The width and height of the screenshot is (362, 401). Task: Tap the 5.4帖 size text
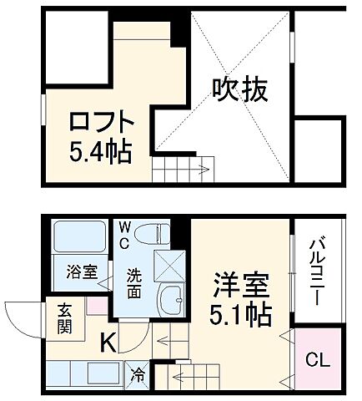pyautogui.click(x=99, y=152)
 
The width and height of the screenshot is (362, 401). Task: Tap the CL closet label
pyautogui.click(x=316, y=360)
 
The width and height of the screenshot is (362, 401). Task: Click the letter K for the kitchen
pyautogui.click(x=108, y=341)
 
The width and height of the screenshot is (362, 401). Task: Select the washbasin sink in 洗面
pyautogui.click(x=171, y=297)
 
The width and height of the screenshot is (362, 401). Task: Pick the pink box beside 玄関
pyautogui.click(x=94, y=304)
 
